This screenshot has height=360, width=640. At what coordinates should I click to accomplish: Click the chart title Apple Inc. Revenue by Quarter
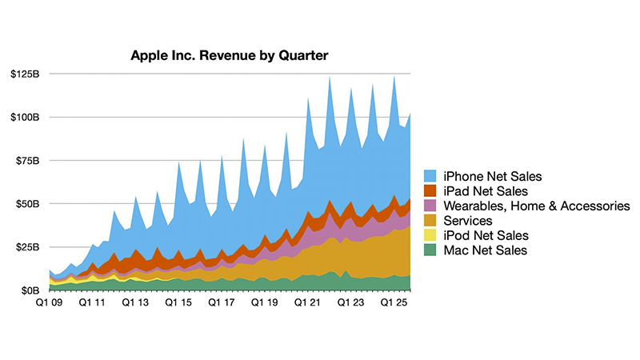pyautogui.click(x=230, y=56)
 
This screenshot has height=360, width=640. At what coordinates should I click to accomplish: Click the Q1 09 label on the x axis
pyautogui.click(x=50, y=303)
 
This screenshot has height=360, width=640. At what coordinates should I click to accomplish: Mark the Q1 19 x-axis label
pyautogui.click(x=262, y=303)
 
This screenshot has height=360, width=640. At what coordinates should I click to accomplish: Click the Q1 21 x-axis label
pyautogui.click(x=308, y=303)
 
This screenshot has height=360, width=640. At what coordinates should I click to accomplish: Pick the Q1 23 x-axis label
pyautogui.click(x=351, y=303)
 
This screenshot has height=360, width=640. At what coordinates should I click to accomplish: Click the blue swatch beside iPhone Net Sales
pyautogui.click(x=429, y=176)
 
